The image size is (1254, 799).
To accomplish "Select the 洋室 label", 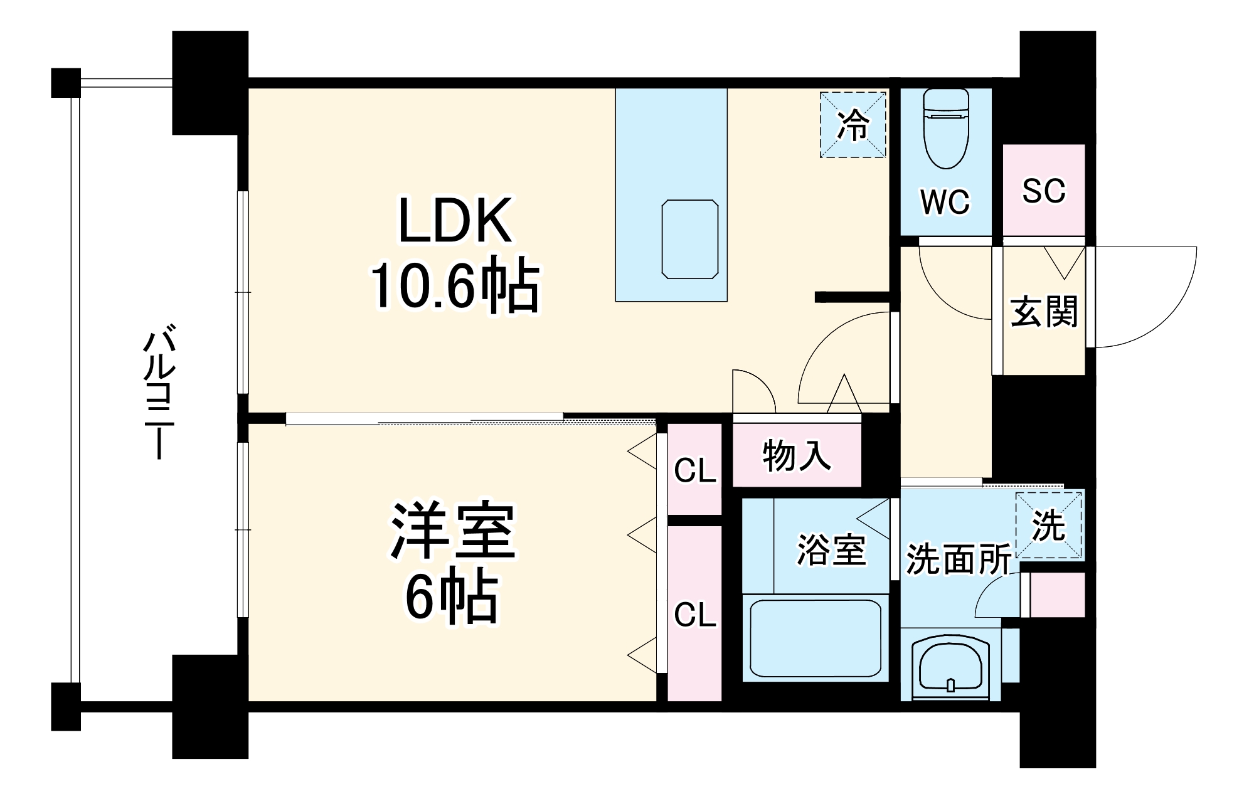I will click(453, 532).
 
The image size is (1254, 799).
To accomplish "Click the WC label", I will click(945, 201).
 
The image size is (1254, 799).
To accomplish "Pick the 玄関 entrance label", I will click(1044, 312).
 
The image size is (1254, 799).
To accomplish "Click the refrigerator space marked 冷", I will click(853, 125).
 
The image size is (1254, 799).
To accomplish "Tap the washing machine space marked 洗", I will click(1049, 526).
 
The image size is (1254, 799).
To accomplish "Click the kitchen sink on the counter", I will click(690, 239).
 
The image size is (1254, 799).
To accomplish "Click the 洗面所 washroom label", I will click(958, 559).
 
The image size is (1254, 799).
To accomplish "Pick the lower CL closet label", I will click(694, 615).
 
